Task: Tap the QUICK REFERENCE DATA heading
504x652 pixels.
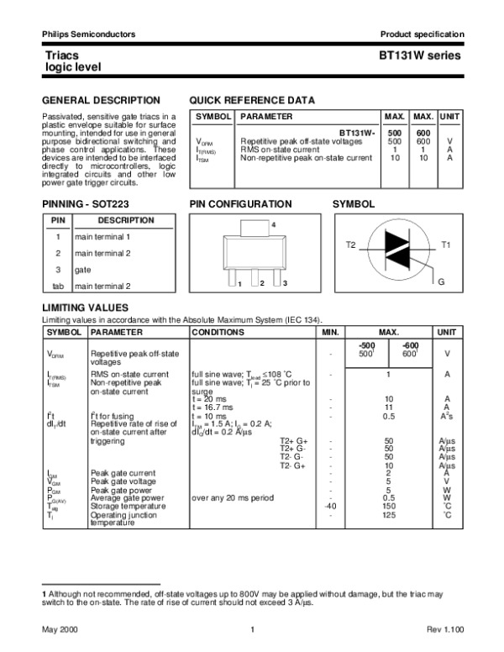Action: pos(253,100)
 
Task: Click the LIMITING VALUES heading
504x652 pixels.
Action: pos(85,308)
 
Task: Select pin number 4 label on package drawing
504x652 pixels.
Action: pos(273,224)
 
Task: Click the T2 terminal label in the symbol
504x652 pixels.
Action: pos(352,244)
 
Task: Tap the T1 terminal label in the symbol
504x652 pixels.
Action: pos(446,244)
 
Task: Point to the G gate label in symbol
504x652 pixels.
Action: pos(441,279)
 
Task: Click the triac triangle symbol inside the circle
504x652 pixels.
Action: pos(398,245)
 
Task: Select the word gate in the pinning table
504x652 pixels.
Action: pos(83,270)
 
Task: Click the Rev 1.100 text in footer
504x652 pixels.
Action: pos(443,629)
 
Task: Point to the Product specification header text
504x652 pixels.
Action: pos(422,34)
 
